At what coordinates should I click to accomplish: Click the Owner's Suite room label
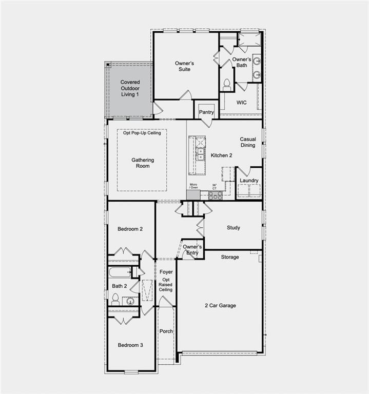point(183,66)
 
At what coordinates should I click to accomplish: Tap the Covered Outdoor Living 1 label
point(130,88)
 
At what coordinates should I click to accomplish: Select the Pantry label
point(206,112)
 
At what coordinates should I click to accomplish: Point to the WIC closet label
point(241,103)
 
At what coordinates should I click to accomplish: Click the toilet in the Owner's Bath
point(226,84)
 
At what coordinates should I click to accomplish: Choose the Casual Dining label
point(247,142)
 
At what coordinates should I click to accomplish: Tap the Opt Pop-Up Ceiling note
point(142,133)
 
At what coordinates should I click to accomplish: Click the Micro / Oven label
point(193,186)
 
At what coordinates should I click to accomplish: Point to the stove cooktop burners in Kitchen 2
point(215,195)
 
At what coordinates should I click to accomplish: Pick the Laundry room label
point(249,181)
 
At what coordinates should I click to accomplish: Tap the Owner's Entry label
point(192,250)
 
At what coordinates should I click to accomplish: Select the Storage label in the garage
point(229,257)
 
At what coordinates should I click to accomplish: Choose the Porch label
point(166,331)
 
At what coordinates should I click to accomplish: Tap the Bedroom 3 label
point(130,345)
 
